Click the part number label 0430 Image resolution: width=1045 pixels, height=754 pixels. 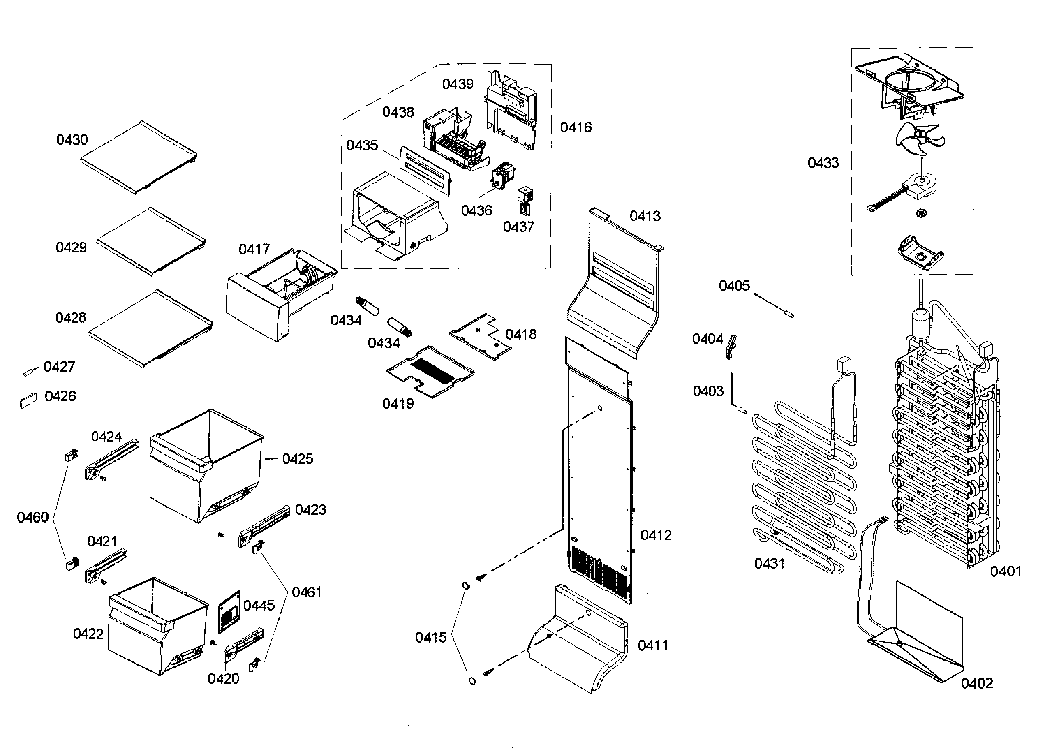tap(72, 140)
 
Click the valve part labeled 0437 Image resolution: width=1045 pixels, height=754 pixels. tap(526, 199)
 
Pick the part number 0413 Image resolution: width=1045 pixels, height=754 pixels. tap(645, 216)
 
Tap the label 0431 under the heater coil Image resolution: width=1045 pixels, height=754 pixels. tap(769, 563)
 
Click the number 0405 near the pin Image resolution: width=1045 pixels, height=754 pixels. tap(734, 286)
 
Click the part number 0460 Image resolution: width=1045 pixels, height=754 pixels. tap(33, 517)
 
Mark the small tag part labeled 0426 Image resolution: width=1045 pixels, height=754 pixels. tap(28, 400)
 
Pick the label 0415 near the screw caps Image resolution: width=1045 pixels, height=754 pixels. tap(431, 637)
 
